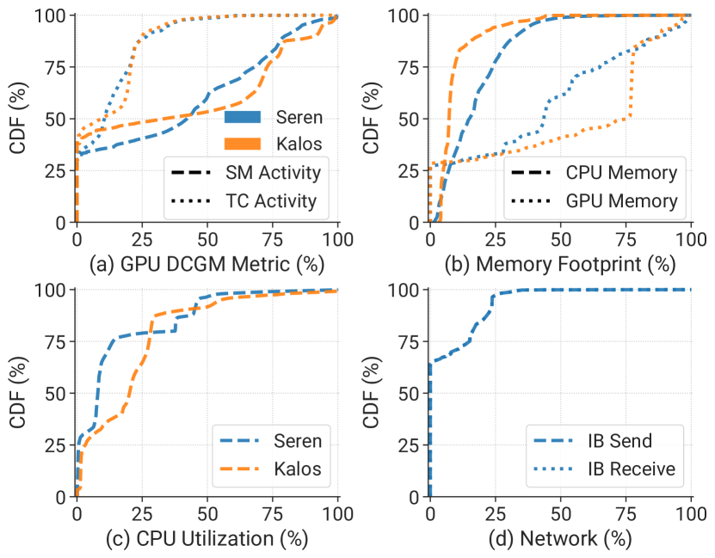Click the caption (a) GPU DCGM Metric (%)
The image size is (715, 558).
click(207, 265)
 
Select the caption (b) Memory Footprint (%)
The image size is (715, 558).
click(560, 265)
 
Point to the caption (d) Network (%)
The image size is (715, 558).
click(560, 539)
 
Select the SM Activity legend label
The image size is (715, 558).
click(272, 173)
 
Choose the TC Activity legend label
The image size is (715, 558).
click(272, 202)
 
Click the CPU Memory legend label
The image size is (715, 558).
click(621, 173)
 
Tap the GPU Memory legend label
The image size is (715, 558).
click(621, 202)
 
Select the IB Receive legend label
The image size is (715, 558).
click(630, 469)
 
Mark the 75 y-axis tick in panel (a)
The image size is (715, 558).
click(53, 67)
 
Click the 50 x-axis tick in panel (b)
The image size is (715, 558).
click(560, 238)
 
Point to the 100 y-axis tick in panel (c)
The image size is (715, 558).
click(47, 291)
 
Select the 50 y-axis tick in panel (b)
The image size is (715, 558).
click(406, 119)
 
